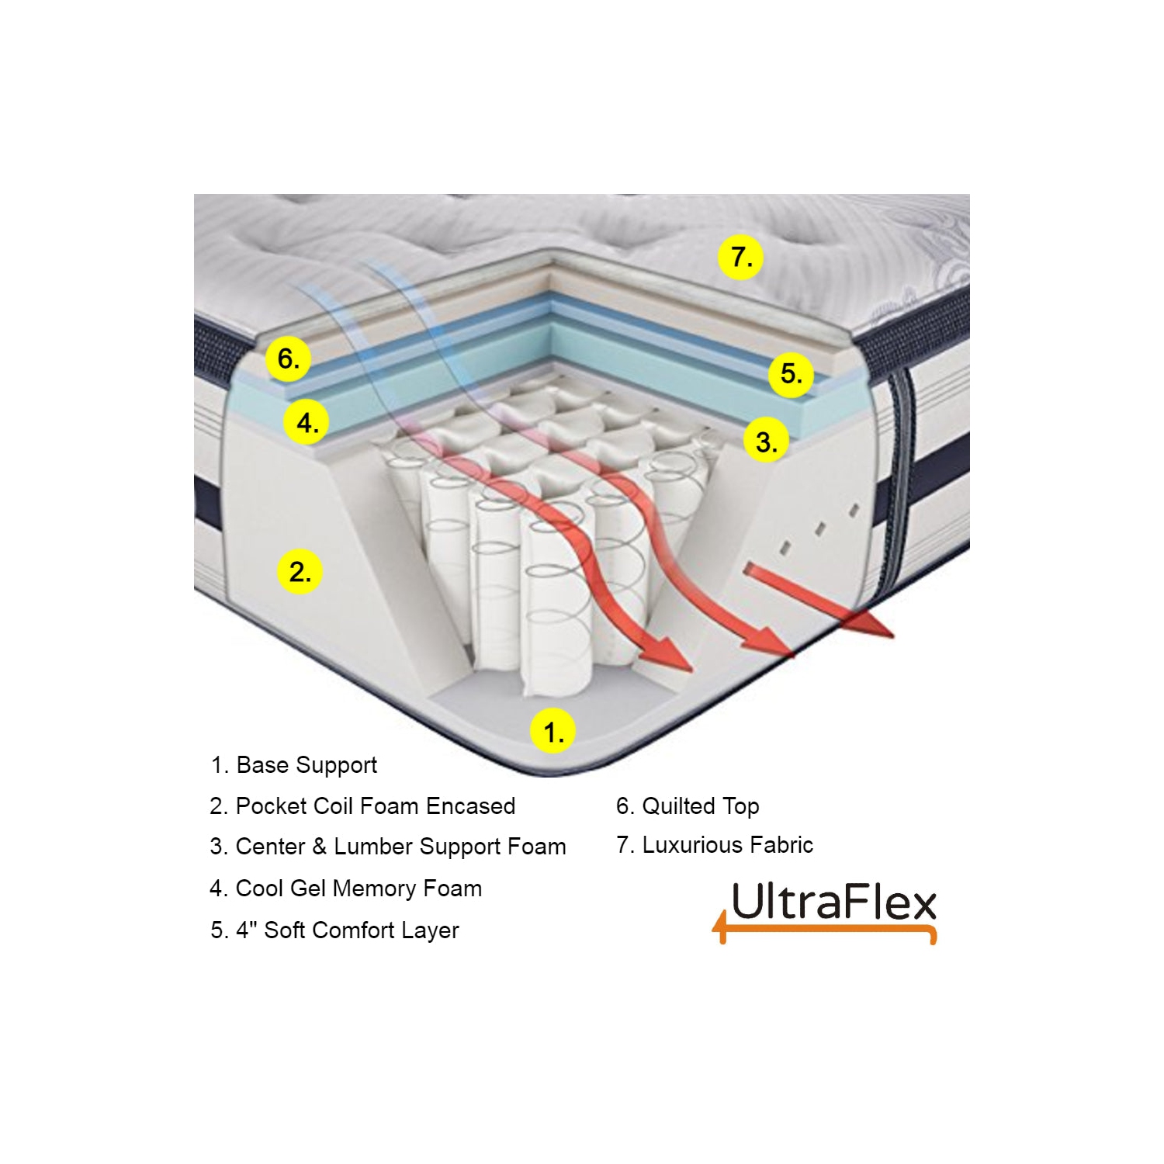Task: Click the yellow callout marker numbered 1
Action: pos(553,731)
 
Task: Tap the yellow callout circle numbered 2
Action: pos(300,572)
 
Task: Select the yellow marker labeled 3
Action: pos(766,442)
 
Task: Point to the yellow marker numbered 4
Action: pos(307,423)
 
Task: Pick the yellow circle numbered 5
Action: pos(791,374)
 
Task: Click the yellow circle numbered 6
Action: pos(288,359)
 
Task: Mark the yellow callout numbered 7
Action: pos(740,256)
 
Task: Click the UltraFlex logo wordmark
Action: pos(833,902)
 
